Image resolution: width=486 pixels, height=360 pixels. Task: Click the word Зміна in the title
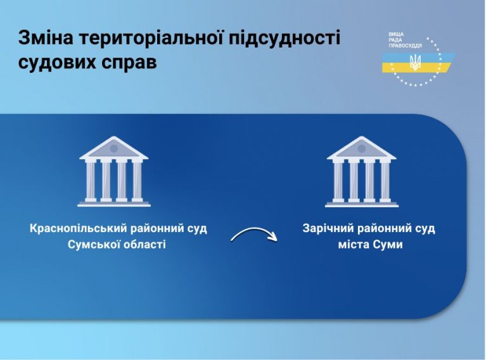[46, 37]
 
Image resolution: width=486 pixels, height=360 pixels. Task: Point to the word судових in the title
[56, 63]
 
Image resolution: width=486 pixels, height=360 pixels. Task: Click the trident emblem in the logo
[415, 62]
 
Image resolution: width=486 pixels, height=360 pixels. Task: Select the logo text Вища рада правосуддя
[405, 40]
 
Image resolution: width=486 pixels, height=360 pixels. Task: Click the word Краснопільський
[79, 229]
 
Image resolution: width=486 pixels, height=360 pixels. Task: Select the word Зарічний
[328, 229]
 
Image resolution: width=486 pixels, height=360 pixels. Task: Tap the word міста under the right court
[353, 245]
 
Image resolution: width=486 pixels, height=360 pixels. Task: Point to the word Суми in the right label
[388, 245]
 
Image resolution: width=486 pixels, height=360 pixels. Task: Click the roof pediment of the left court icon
[114, 149]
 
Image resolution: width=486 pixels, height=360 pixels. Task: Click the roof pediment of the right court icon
[361, 149]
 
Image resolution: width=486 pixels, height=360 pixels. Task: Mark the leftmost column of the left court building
[91, 181]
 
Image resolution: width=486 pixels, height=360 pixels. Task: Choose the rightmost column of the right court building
[385, 181]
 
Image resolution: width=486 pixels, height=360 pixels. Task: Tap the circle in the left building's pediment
[114, 149]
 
